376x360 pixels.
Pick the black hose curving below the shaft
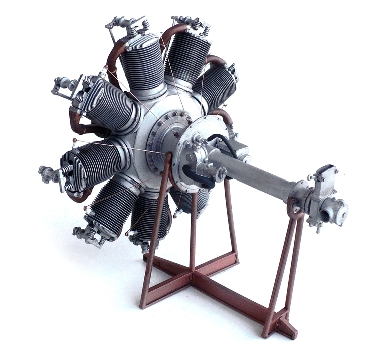196,175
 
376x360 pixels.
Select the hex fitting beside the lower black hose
218,173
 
